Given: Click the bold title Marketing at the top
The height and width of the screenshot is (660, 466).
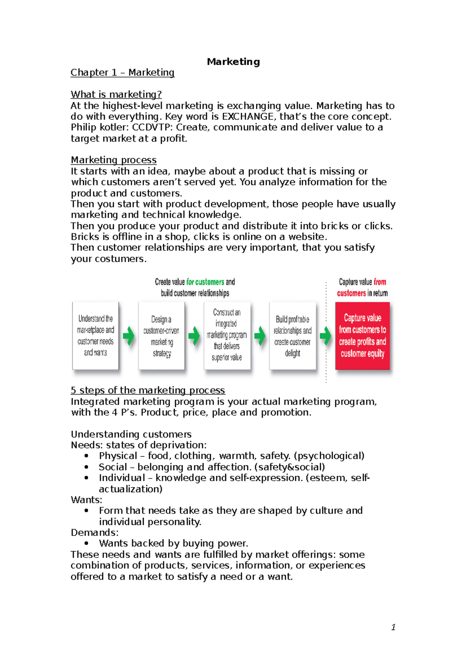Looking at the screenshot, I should click(233, 62).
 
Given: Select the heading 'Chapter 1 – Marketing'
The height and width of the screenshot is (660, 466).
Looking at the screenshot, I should click(122, 73).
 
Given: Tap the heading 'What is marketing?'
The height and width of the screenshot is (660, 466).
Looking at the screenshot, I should click(116, 94).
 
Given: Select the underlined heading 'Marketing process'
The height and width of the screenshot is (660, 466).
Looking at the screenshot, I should click(113, 160).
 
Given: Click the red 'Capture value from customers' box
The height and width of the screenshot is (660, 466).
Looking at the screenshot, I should click(362, 335).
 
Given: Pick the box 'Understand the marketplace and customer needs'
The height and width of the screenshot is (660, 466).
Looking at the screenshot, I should click(96, 335).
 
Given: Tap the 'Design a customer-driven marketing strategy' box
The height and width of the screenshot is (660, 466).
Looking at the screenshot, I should click(162, 335).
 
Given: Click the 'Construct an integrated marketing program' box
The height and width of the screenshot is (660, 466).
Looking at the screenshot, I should click(227, 335).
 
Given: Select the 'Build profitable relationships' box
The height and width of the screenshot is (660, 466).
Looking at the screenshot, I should click(293, 335).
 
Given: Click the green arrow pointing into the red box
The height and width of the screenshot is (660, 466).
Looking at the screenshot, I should click(325, 336).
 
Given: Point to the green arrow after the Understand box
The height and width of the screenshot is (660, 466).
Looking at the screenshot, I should click(129, 336).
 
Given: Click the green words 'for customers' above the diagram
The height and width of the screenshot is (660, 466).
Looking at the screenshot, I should click(205, 282).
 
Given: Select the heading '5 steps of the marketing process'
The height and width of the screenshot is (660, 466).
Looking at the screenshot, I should click(148, 390).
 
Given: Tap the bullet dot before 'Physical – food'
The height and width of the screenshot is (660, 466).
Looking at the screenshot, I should click(86, 456).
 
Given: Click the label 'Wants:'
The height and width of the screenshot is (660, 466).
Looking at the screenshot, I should click(86, 500).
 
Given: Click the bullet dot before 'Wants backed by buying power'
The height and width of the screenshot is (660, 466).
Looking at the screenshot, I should click(86, 543).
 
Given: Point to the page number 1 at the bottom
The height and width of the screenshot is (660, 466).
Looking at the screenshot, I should click(393, 627).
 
